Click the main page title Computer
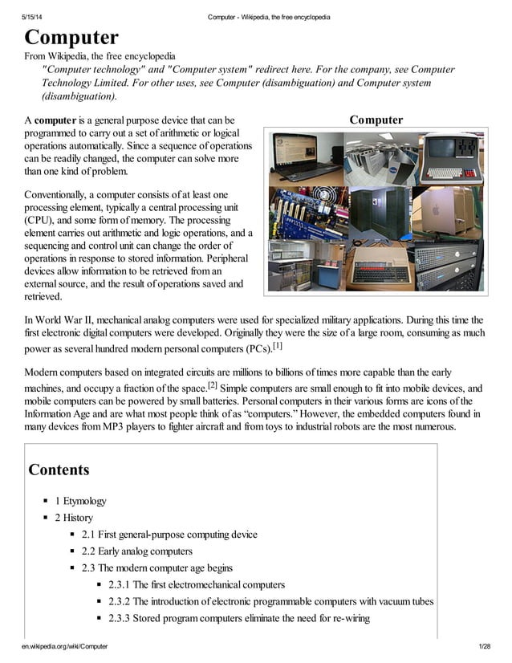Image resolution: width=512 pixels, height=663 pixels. (x=71, y=37)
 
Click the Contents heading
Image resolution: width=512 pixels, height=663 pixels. (x=59, y=470)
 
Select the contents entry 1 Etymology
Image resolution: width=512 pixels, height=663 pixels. (x=80, y=501)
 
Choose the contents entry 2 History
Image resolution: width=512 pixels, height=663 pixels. (x=74, y=518)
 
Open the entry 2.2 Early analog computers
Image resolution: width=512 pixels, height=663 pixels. (x=136, y=551)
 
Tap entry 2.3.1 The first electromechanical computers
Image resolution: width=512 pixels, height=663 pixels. (x=196, y=584)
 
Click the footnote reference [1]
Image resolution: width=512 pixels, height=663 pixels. (x=277, y=347)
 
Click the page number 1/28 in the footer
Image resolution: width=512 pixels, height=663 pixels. (x=483, y=646)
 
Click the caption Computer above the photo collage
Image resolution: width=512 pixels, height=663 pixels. (x=376, y=120)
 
